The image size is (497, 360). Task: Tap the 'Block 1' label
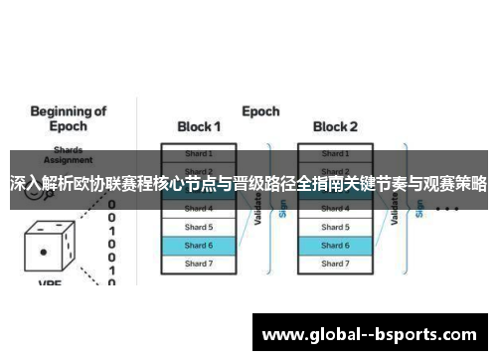pos(199,127)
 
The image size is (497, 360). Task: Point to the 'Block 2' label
pos(335,127)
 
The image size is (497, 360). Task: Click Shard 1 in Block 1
pos(199,154)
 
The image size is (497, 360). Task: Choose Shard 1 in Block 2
pos(335,154)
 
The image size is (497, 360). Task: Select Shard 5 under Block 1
pos(199,227)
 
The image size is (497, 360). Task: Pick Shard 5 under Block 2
pos(335,227)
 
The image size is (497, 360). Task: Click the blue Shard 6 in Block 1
pos(199,245)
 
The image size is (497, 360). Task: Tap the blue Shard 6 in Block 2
pos(335,245)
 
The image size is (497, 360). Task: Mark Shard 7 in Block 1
pos(199,264)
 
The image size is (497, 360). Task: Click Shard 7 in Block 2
pos(335,264)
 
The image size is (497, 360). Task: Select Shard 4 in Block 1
pos(199,209)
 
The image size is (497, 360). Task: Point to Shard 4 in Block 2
pos(335,209)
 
